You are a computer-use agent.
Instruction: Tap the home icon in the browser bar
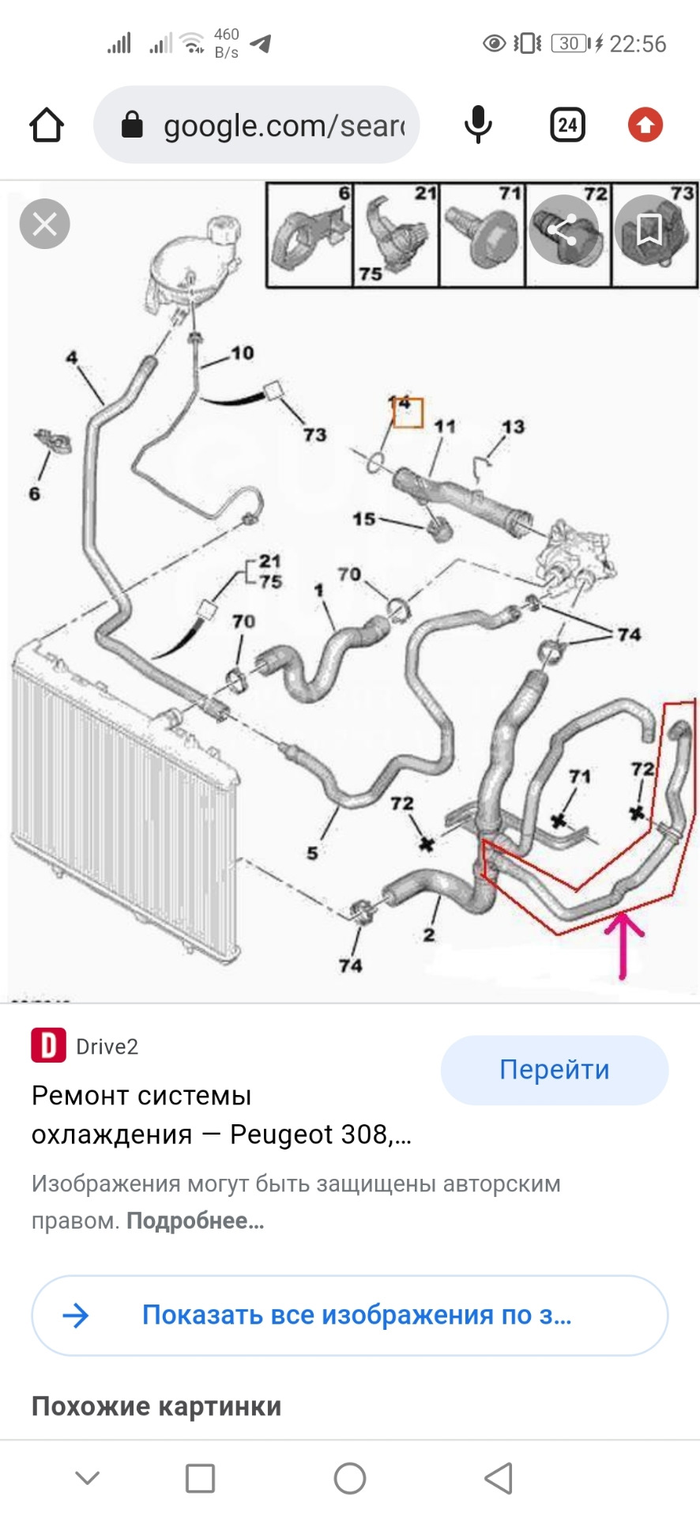47,125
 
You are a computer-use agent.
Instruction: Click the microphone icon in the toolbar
478,125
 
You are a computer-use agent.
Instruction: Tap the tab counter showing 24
567,125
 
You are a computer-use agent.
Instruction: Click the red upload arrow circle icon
645,125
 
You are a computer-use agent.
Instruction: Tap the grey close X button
45,224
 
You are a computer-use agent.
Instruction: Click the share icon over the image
563,229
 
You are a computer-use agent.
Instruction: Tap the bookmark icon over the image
649,229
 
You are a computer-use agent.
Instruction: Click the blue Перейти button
555,1070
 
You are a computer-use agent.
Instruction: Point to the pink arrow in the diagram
623,946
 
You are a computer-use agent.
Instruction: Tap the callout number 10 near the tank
243,353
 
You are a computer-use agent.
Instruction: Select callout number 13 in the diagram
513,427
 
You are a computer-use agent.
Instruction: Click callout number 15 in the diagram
364,519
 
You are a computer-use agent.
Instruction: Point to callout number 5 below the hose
313,853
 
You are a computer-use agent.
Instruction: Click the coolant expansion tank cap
224,228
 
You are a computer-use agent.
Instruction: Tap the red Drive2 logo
48,1045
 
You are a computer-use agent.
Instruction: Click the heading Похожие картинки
156,1407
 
